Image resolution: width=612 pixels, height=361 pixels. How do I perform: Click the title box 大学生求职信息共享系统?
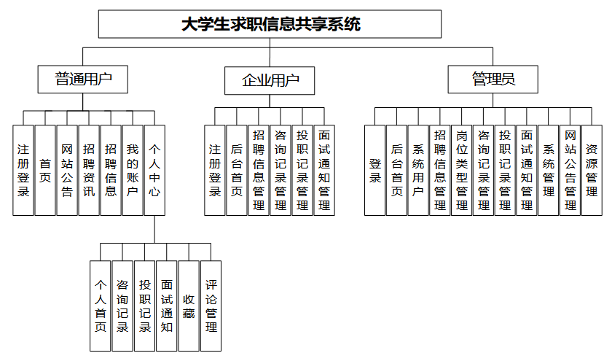click(270, 24)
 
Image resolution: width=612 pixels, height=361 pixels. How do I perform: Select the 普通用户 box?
click(83, 79)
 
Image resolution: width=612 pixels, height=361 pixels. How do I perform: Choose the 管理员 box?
click(493, 79)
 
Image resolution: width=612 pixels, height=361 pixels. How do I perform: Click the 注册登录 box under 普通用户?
click(23, 170)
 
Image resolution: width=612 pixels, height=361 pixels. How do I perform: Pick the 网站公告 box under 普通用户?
click(67, 170)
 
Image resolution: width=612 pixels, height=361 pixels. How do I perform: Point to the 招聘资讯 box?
click(89, 170)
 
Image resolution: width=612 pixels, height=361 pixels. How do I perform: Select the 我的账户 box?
click(132, 170)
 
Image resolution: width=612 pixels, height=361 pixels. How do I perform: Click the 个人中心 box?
click(154, 170)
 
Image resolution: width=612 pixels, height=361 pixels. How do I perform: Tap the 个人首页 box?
click(101, 306)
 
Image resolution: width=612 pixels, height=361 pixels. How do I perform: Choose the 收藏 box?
click(189, 306)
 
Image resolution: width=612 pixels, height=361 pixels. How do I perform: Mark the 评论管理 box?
click(211, 306)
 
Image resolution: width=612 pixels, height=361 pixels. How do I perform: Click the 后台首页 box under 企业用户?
click(237, 170)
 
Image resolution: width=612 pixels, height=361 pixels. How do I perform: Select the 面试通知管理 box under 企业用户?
click(324, 170)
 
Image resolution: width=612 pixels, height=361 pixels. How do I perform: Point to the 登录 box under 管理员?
click(374, 170)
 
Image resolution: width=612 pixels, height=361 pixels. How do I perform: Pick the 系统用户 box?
click(418, 170)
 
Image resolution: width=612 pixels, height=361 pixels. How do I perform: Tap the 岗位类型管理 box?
click(461, 170)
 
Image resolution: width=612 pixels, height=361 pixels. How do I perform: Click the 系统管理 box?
click(549, 170)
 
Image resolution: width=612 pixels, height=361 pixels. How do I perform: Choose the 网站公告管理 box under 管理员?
click(570, 170)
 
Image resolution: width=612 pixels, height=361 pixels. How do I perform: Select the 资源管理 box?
click(592, 170)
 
